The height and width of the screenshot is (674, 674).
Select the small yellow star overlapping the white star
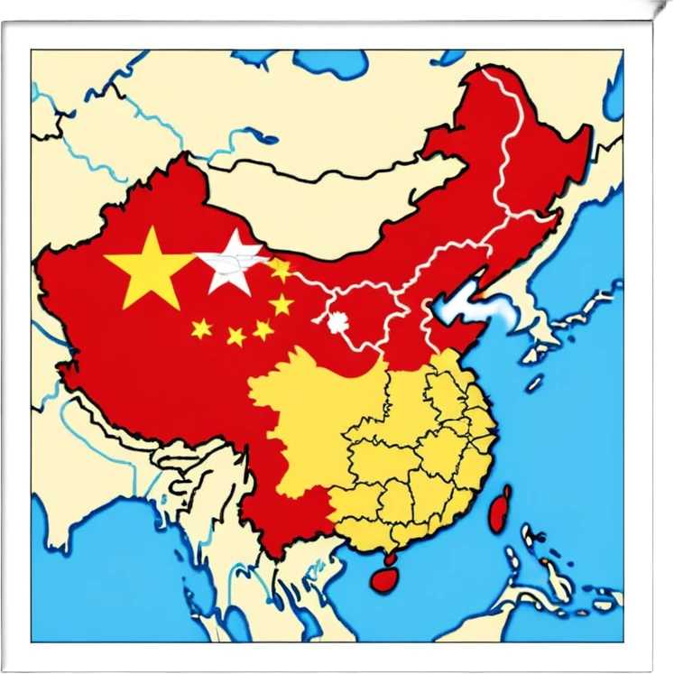[280, 269]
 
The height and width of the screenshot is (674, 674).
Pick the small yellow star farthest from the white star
[201, 328]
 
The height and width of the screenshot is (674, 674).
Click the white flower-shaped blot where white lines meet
[338, 321]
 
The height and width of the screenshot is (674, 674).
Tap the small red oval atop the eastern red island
[506, 491]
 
